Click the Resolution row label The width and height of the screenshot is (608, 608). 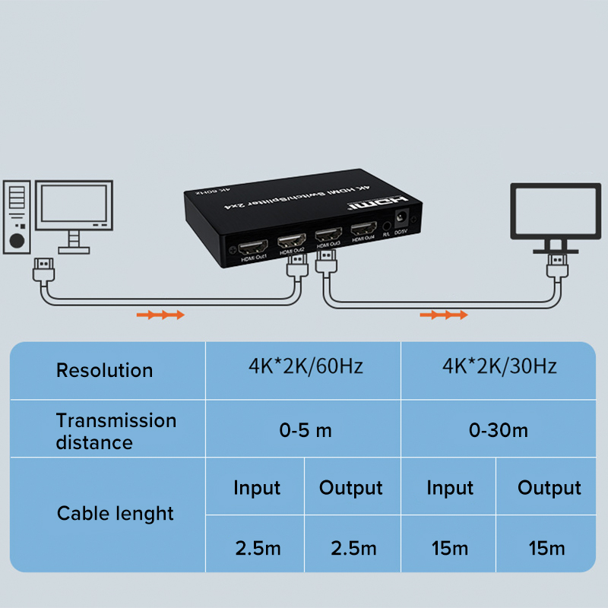click(104, 370)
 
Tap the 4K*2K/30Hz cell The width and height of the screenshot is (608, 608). click(499, 366)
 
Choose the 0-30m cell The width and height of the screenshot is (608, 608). click(499, 430)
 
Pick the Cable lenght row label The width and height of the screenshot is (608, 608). click(116, 514)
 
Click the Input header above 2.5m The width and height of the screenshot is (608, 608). click(257, 488)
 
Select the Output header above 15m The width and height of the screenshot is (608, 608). click(549, 488)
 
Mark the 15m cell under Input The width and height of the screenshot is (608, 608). click(449, 547)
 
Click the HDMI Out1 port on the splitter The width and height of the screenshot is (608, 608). click(252, 248)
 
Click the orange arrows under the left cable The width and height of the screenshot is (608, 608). click(160, 314)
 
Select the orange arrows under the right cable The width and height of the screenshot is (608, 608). click(444, 314)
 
